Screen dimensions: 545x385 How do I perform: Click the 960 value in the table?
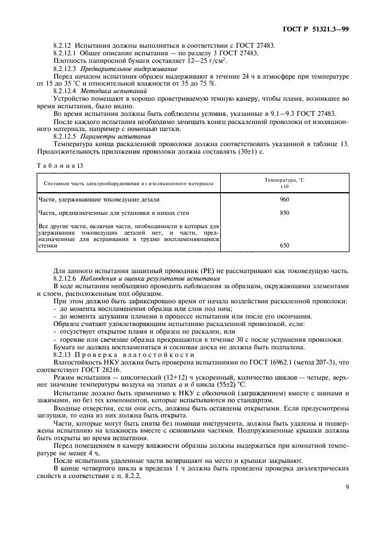pyautogui.click(x=284, y=199)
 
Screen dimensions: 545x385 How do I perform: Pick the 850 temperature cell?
pyautogui.click(x=284, y=213)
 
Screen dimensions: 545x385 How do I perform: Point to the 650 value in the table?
pyautogui.click(x=284, y=246)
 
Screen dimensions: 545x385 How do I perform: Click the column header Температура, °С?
pyautogui.click(x=284, y=180)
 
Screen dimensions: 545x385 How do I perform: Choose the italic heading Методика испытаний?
pyautogui.click(x=109, y=91)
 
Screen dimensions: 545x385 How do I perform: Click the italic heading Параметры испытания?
pyautogui.click(x=111, y=136)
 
